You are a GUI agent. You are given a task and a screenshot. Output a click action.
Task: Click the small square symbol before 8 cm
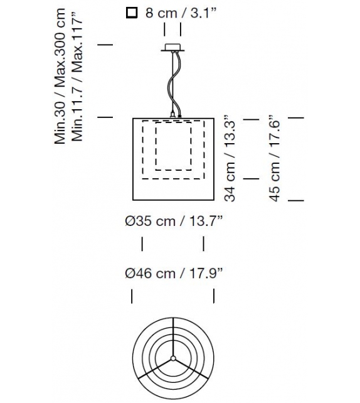click(130, 12)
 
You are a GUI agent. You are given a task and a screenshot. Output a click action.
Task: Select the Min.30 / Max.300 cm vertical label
click(60, 77)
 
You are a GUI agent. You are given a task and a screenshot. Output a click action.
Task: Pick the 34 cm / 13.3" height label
click(230, 158)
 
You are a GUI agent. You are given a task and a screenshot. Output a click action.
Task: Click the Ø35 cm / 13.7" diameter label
click(174, 220)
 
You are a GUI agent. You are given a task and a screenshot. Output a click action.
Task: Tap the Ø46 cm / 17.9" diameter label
click(174, 274)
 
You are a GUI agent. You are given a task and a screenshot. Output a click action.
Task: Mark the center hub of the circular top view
click(172, 362)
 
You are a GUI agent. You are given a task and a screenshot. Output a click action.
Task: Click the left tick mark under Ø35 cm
click(142, 244)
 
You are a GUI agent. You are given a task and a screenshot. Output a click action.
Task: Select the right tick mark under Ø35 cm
click(203, 244)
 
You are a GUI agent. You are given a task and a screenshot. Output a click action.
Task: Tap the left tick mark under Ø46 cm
click(132, 296)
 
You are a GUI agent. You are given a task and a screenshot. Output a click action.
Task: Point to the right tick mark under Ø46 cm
click(214, 296)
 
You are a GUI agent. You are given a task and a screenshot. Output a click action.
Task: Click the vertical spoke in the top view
click(172, 339)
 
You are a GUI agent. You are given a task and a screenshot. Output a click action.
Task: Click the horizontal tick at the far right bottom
click(295, 200)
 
